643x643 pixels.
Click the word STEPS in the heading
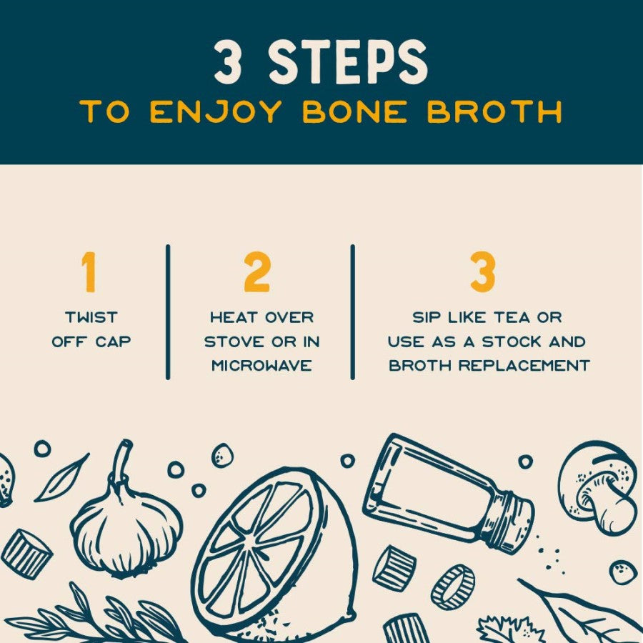click(349, 63)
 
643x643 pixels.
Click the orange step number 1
click(89, 272)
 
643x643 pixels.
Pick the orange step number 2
click(257, 272)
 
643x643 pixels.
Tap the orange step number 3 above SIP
click(483, 272)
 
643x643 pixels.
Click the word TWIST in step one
click(91, 317)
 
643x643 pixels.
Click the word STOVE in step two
click(233, 342)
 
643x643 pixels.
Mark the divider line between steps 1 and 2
click(168, 311)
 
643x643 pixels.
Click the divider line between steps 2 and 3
click(352, 311)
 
